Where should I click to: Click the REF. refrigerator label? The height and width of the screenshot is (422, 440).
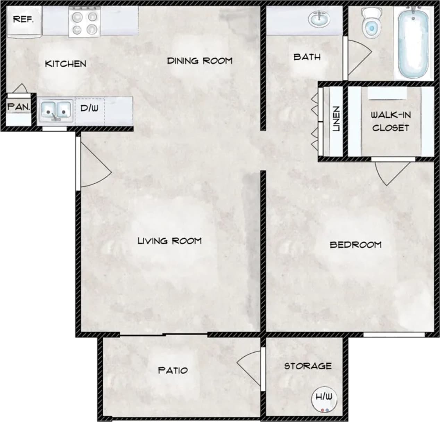(23, 19)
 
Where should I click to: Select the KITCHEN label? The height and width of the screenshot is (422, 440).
(66, 64)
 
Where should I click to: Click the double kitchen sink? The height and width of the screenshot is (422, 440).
(56, 111)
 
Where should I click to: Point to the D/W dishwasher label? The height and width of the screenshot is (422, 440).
(89, 108)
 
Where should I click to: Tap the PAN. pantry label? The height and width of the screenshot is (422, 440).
(19, 107)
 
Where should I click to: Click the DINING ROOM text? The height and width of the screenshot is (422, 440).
(200, 61)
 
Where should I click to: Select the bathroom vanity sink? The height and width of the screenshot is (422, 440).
(319, 19)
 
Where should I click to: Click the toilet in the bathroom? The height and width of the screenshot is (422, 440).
(370, 23)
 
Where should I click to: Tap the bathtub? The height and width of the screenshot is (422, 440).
(413, 43)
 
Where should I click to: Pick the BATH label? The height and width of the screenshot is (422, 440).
(307, 57)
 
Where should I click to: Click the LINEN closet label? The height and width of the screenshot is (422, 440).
(336, 119)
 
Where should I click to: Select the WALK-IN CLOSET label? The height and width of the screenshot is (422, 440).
(390, 121)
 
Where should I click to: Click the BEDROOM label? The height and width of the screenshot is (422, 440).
(355, 245)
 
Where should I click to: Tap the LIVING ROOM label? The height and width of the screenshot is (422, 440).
(169, 241)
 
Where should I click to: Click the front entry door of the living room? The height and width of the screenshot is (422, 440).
(94, 163)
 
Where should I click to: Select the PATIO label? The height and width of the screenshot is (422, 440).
(173, 370)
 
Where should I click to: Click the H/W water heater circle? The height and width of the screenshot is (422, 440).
(324, 399)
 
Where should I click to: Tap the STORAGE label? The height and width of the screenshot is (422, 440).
(307, 366)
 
